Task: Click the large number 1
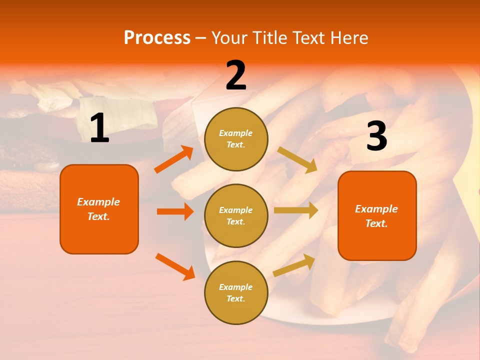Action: point(99,128)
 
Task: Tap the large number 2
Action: point(236,75)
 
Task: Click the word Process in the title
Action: point(157,37)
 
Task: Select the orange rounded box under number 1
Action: point(99,209)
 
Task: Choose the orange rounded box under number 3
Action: point(377,216)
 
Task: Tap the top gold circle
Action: point(236,139)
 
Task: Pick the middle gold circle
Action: point(236,216)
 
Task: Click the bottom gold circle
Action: point(236,293)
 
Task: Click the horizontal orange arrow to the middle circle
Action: point(175,211)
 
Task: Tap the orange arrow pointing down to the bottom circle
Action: point(175,266)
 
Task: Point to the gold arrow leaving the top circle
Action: point(297,160)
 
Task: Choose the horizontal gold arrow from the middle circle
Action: point(296,210)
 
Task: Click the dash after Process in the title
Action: point(201,37)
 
